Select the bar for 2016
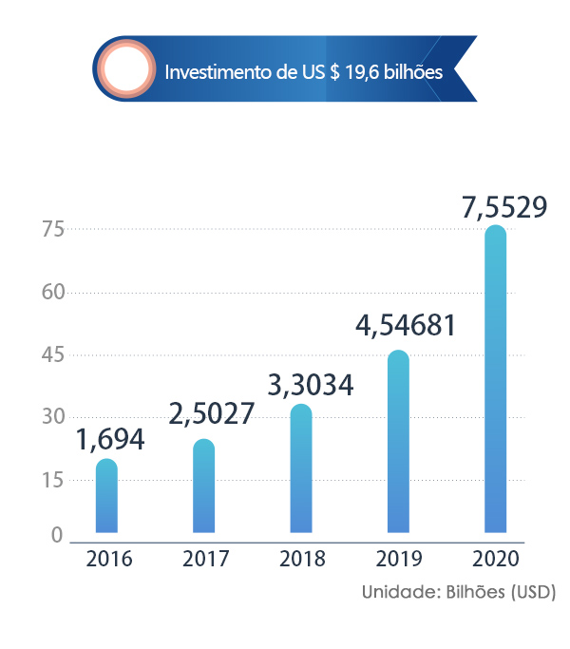click(x=107, y=496)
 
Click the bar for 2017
click(x=204, y=486)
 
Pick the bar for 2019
click(x=398, y=442)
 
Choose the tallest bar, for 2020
click(x=495, y=379)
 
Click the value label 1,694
click(x=110, y=440)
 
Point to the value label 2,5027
click(x=212, y=415)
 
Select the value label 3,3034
click(x=311, y=385)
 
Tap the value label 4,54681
click(x=406, y=326)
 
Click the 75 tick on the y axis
click(x=52, y=229)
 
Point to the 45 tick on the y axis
click(x=52, y=354)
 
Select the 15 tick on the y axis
click(x=52, y=480)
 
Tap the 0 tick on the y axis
click(x=57, y=536)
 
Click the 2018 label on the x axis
click(x=303, y=559)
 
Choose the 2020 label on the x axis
click(x=496, y=559)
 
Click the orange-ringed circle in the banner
click(x=126, y=70)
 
